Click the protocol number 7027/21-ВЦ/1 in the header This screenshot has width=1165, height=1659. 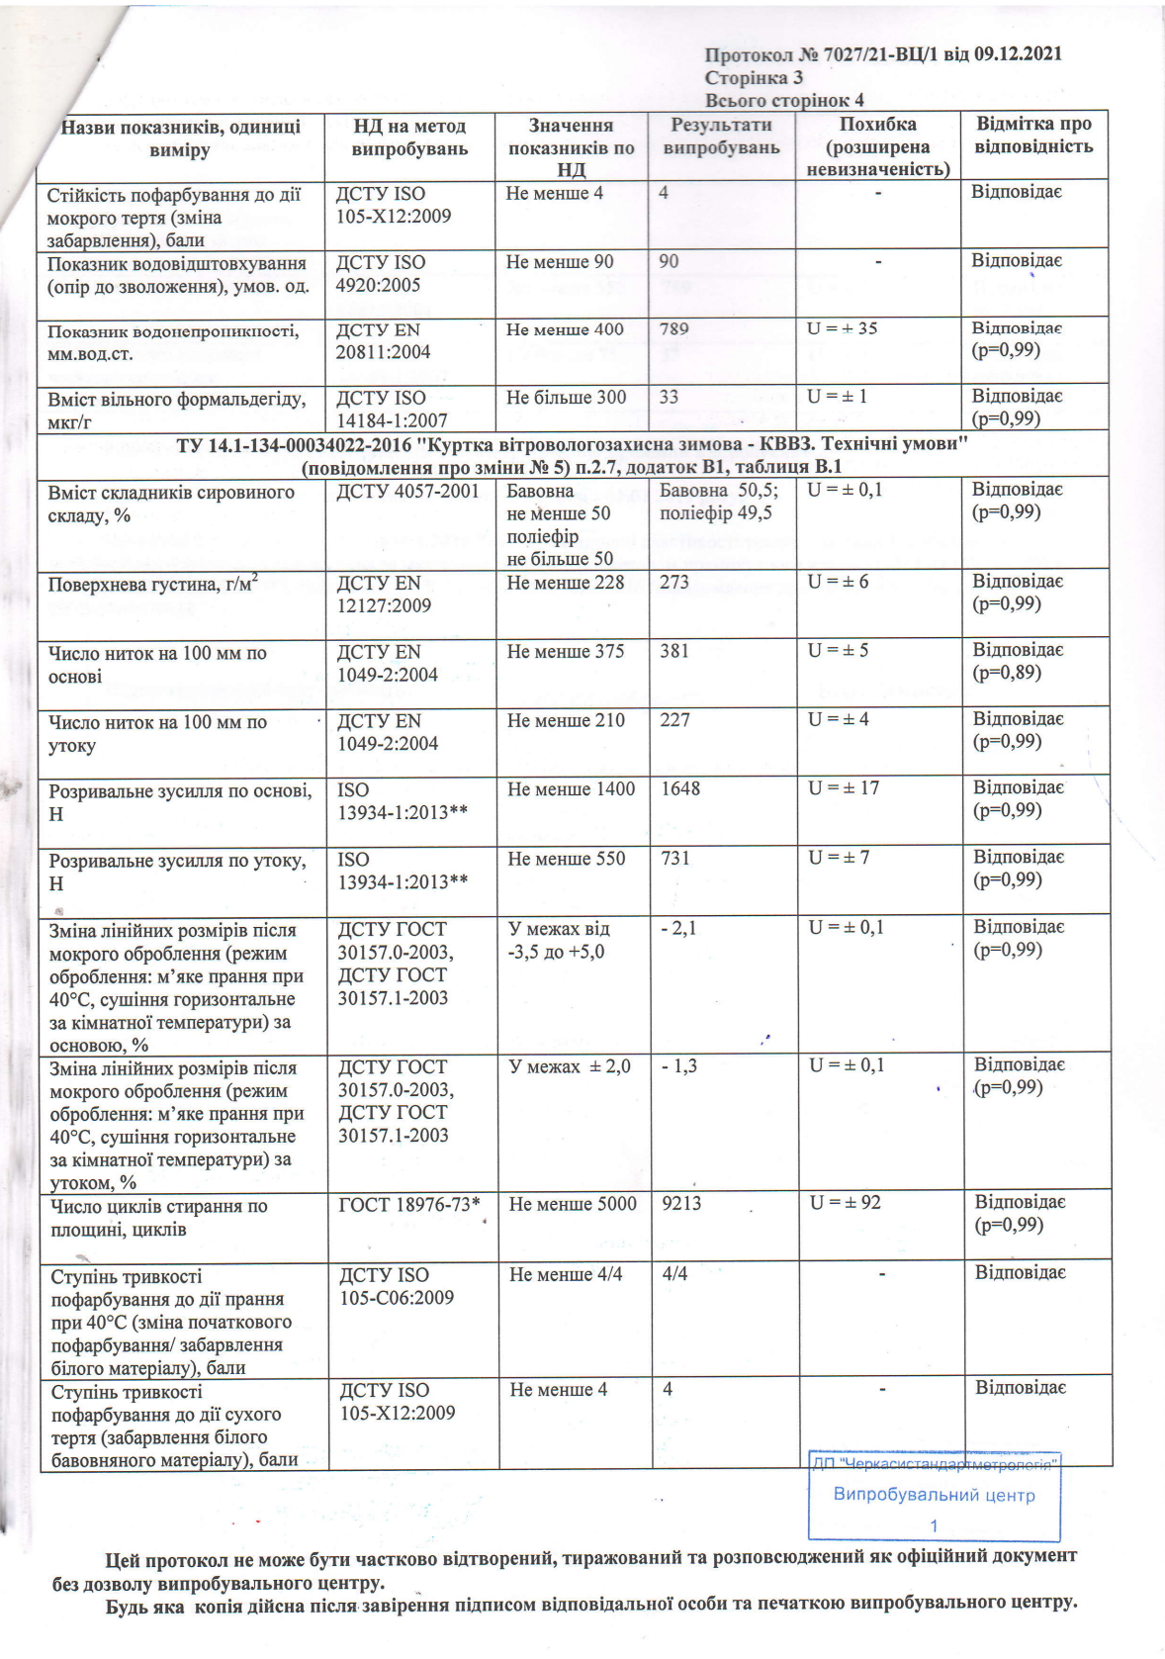click(867, 54)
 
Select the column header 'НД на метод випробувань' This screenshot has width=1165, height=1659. click(409, 138)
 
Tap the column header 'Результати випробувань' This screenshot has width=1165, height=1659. click(721, 137)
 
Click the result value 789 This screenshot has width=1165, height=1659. click(674, 328)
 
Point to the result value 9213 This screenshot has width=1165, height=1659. click(681, 1204)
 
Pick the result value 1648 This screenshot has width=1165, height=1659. click(680, 788)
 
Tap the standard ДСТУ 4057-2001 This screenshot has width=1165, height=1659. click(407, 491)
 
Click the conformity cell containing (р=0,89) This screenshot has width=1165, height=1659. click(1007, 673)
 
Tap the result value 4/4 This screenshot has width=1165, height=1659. click(675, 1274)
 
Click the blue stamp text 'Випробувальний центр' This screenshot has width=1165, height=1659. click(934, 1495)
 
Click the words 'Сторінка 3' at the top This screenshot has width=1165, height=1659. click(754, 77)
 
